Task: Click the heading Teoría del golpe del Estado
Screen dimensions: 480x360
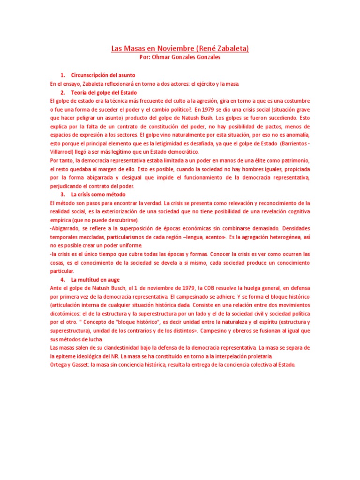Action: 104,92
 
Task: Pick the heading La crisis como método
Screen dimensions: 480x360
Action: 98,194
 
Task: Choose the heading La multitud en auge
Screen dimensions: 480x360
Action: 96,279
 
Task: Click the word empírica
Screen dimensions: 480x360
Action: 61,220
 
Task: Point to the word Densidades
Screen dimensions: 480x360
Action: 296,228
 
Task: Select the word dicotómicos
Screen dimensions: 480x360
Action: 66,313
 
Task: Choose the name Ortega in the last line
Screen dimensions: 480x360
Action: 60,365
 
